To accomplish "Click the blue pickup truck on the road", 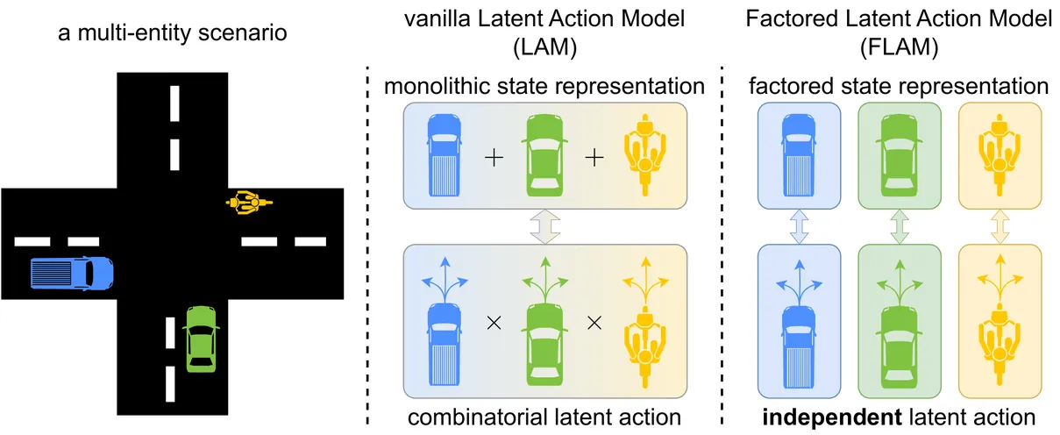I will pos(73,274).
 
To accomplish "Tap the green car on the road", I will pos(202,338).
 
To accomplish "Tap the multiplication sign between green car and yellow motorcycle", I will pos(594,322).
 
